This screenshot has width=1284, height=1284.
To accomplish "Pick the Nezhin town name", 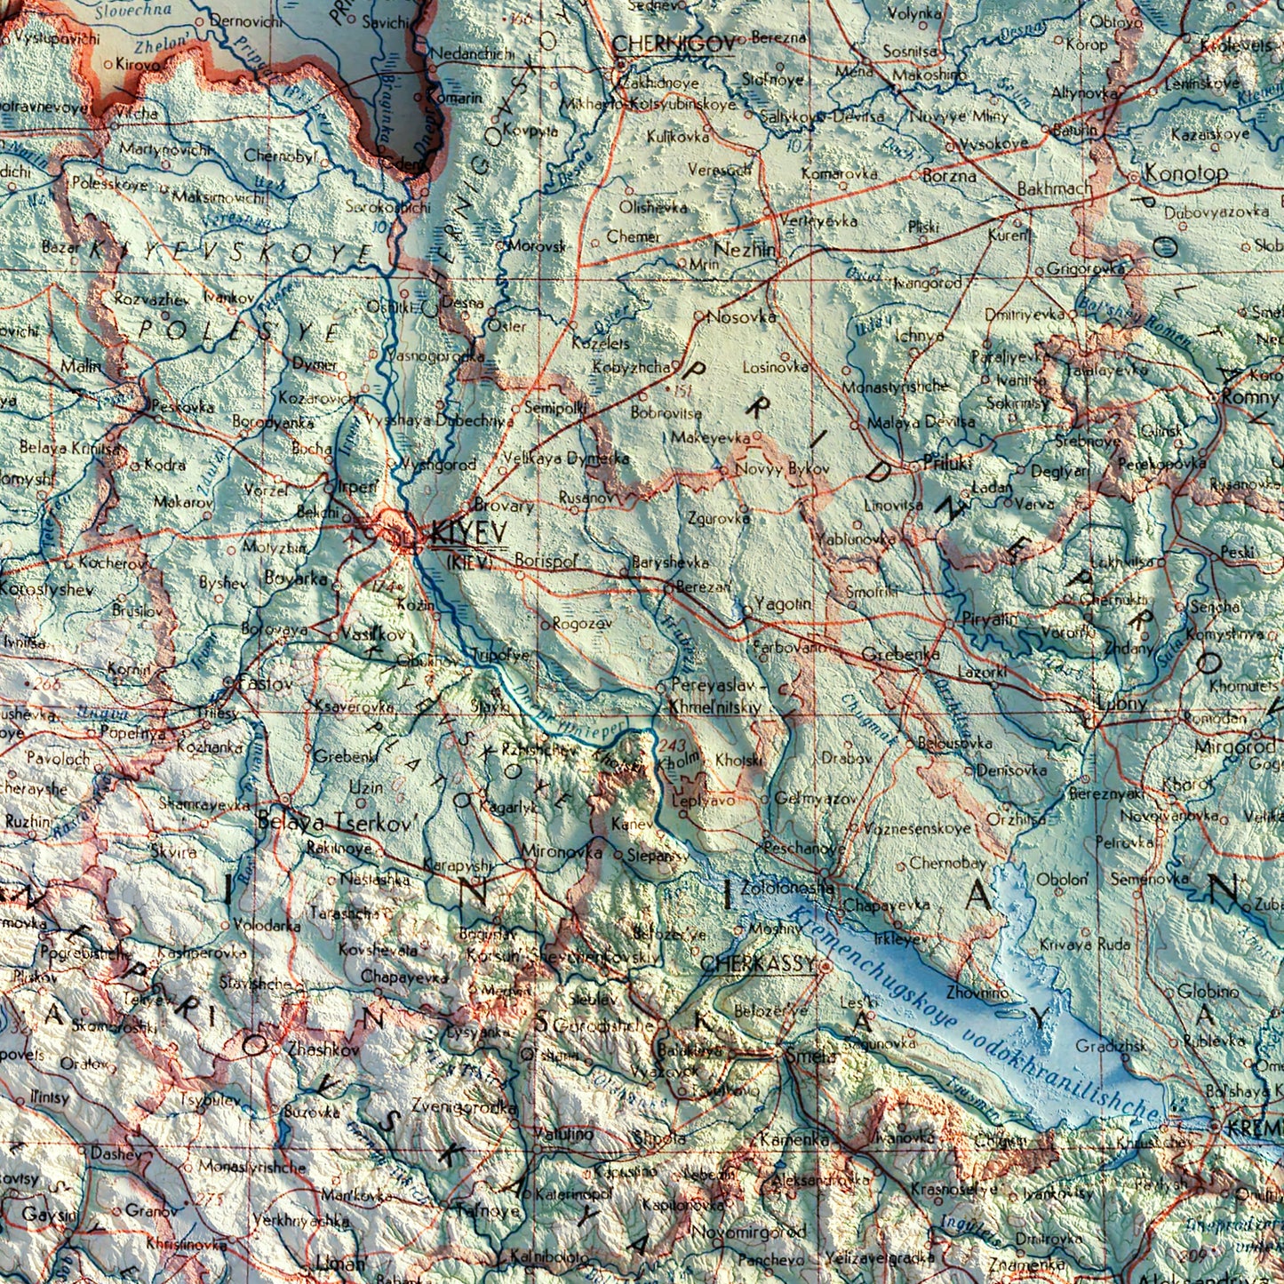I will pyautogui.click(x=744, y=250).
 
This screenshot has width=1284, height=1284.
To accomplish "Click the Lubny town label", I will pyautogui.click(x=1123, y=703).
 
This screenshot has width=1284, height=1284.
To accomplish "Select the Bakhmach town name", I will pyautogui.click(x=1055, y=189).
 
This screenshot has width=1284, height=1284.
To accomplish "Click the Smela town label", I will pyautogui.click(x=810, y=1056).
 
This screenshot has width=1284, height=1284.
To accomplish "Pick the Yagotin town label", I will pyautogui.click(x=783, y=603).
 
